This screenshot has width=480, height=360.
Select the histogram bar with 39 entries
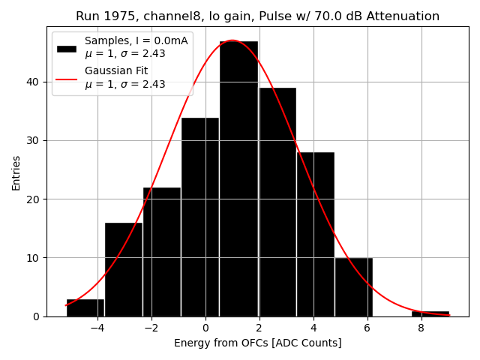[x=277, y=202]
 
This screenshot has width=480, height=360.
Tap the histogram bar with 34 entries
[x=200, y=217]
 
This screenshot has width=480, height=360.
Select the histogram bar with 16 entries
[x=124, y=269]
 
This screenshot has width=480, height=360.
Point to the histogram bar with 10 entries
[x=353, y=286]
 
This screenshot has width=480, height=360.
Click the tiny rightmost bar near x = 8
[x=430, y=313]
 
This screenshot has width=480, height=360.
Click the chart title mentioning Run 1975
[x=257, y=16]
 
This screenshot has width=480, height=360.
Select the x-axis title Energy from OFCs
[x=257, y=343]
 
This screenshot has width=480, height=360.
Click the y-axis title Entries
[x=16, y=172]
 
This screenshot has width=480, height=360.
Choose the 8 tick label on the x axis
[x=421, y=328]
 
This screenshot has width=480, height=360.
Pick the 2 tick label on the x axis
[x=259, y=328]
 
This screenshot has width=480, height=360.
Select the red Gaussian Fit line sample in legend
[x=67, y=77]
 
